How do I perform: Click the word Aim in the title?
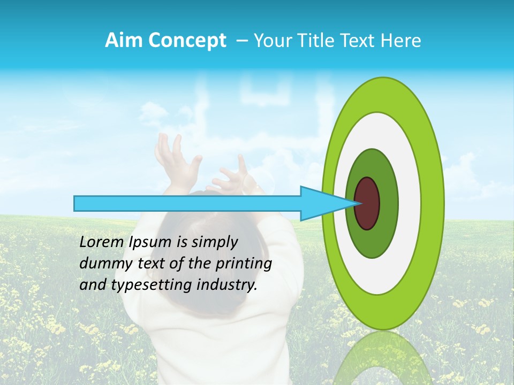click(x=125, y=41)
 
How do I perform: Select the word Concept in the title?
click(x=187, y=41)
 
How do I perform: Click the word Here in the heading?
click(x=402, y=41)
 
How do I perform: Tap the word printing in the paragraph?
click(x=243, y=264)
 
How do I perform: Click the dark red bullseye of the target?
click(x=367, y=203)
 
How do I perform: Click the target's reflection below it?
click(x=383, y=358)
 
